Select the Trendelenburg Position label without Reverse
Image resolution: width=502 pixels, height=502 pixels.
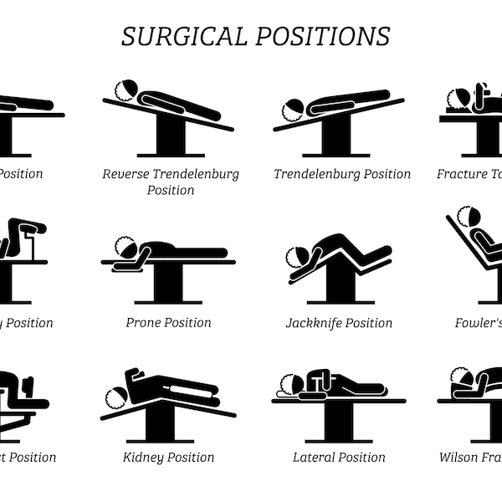pos(342,174)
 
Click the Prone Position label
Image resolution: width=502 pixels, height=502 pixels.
pos(168,323)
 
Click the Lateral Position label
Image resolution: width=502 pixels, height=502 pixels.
pos(339,457)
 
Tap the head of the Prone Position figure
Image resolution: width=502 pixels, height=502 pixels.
pos(127,248)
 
